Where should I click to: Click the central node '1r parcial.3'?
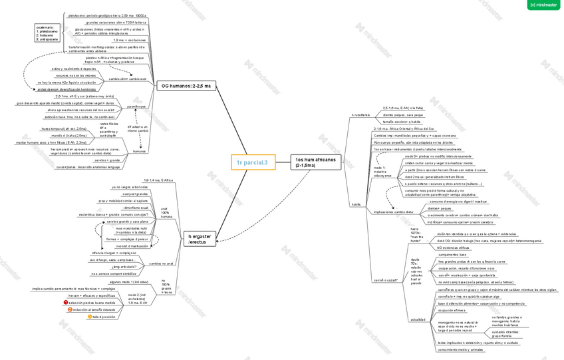point(253,162)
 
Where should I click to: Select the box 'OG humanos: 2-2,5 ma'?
point(188,86)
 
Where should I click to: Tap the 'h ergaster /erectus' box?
point(200,239)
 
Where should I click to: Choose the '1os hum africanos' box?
point(317,162)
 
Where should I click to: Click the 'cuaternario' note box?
point(47,33)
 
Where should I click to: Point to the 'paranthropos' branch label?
point(136,106)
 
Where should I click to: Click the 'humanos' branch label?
point(140,151)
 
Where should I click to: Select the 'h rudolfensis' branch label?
point(361,114)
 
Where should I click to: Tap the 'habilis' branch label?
point(356,204)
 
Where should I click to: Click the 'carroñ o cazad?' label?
point(385,280)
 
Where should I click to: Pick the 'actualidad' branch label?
point(418,319)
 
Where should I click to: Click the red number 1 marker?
point(66,302)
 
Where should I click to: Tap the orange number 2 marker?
point(70,309)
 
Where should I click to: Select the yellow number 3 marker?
point(90,317)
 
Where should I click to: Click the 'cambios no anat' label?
point(161,264)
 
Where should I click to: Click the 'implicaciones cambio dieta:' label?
point(394,212)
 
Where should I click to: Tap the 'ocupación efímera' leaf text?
point(452,310)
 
